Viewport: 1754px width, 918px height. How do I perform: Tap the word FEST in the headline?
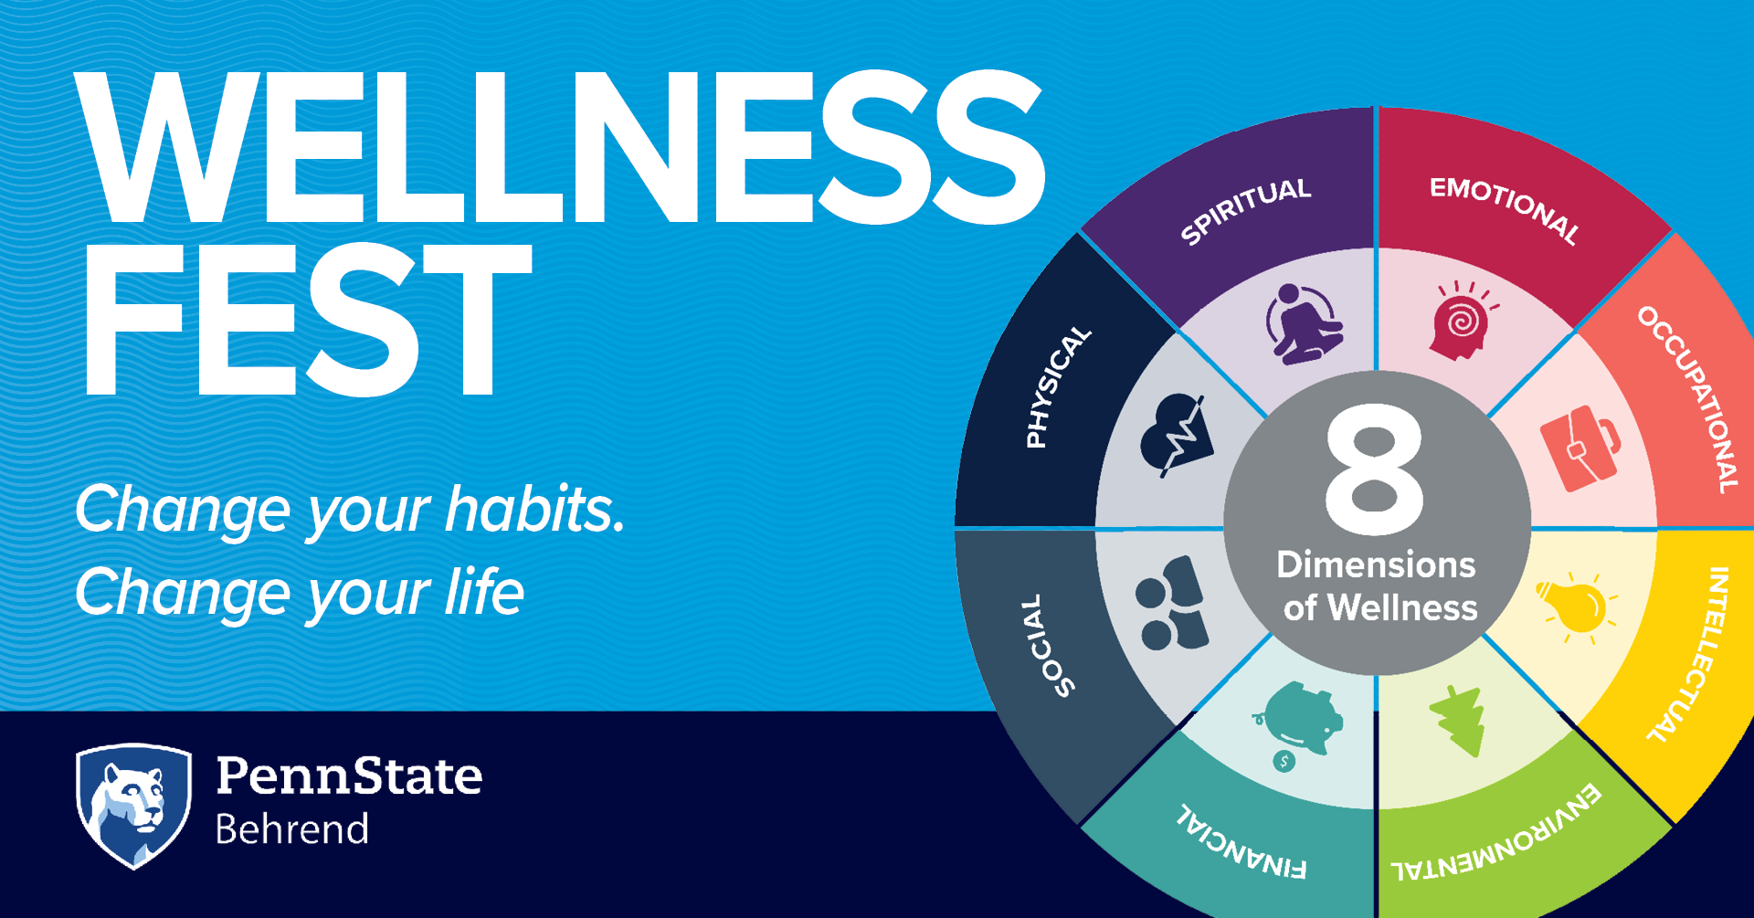(x=307, y=320)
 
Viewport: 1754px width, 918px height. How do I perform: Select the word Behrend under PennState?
(x=292, y=829)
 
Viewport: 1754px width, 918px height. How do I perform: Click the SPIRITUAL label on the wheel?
(x=1245, y=211)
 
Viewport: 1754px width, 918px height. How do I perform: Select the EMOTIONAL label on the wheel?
(x=1506, y=209)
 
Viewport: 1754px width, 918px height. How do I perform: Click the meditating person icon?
(x=1303, y=324)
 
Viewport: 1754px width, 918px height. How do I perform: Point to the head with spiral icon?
(x=1463, y=320)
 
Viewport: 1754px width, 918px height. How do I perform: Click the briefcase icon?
(x=1581, y=448)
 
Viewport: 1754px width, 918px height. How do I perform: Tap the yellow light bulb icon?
(x=1575, y=605)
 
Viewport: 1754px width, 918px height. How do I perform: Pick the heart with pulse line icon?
(x=1177, y=435)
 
